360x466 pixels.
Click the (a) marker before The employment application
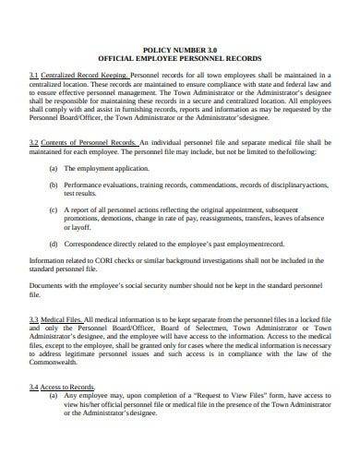pyautogui.click(x=54, y=170)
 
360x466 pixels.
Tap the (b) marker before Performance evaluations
pyautogui.click(x=54, y=185)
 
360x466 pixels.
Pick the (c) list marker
pyautogui.click(x=54, y=211)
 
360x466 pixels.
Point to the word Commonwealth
pyautogui.click(x=63, y=368)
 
